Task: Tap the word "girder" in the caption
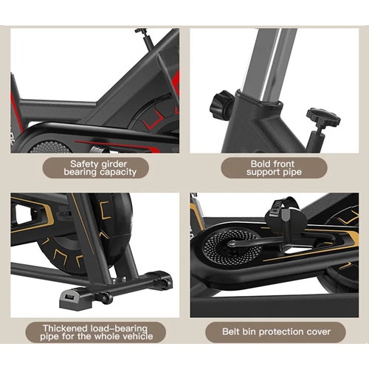click(114, 165)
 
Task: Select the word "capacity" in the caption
click(118, 172)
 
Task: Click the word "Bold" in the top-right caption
click(260, 164)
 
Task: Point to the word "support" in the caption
click(263, 172)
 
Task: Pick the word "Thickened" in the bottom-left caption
click(65, 328)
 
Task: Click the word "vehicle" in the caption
click(138, 337)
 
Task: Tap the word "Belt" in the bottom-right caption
click(231, 331)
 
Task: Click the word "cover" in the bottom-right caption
click(320, 332)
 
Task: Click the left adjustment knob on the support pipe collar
click(221, 105)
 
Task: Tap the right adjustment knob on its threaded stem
click(323, 117)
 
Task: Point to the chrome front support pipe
click(269, 63)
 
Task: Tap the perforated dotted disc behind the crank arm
click(230, 248)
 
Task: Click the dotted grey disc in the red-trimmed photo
click(49, 147)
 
